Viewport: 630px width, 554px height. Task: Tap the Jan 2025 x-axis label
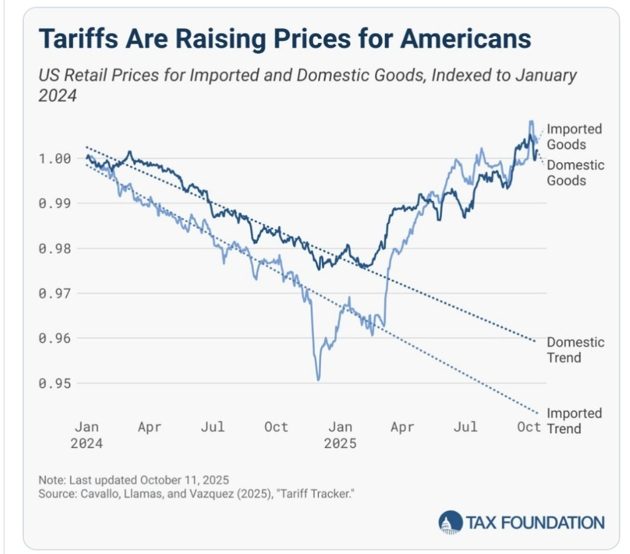340,435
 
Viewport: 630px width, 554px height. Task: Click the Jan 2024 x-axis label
87,435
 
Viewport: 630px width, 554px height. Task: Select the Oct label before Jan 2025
276,427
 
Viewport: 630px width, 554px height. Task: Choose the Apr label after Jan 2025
402,427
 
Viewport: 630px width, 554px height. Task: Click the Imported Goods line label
574,136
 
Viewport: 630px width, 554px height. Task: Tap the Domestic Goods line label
575,173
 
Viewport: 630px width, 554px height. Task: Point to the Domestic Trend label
575,349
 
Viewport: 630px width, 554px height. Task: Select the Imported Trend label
574,421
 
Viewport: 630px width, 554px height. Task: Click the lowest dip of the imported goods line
318,380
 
